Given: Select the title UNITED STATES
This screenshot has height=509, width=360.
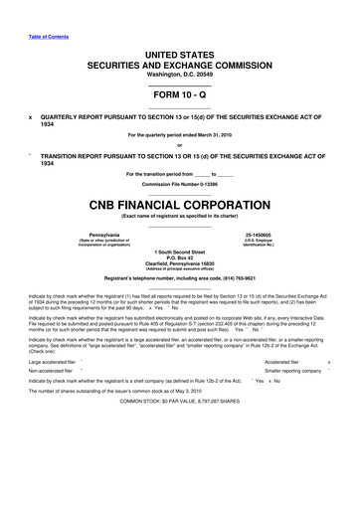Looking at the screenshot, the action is pyautogui.click(x=179, y=52).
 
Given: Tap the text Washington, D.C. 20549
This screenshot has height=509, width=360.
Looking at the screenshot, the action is pyautogui.click(x=179, y=73).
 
